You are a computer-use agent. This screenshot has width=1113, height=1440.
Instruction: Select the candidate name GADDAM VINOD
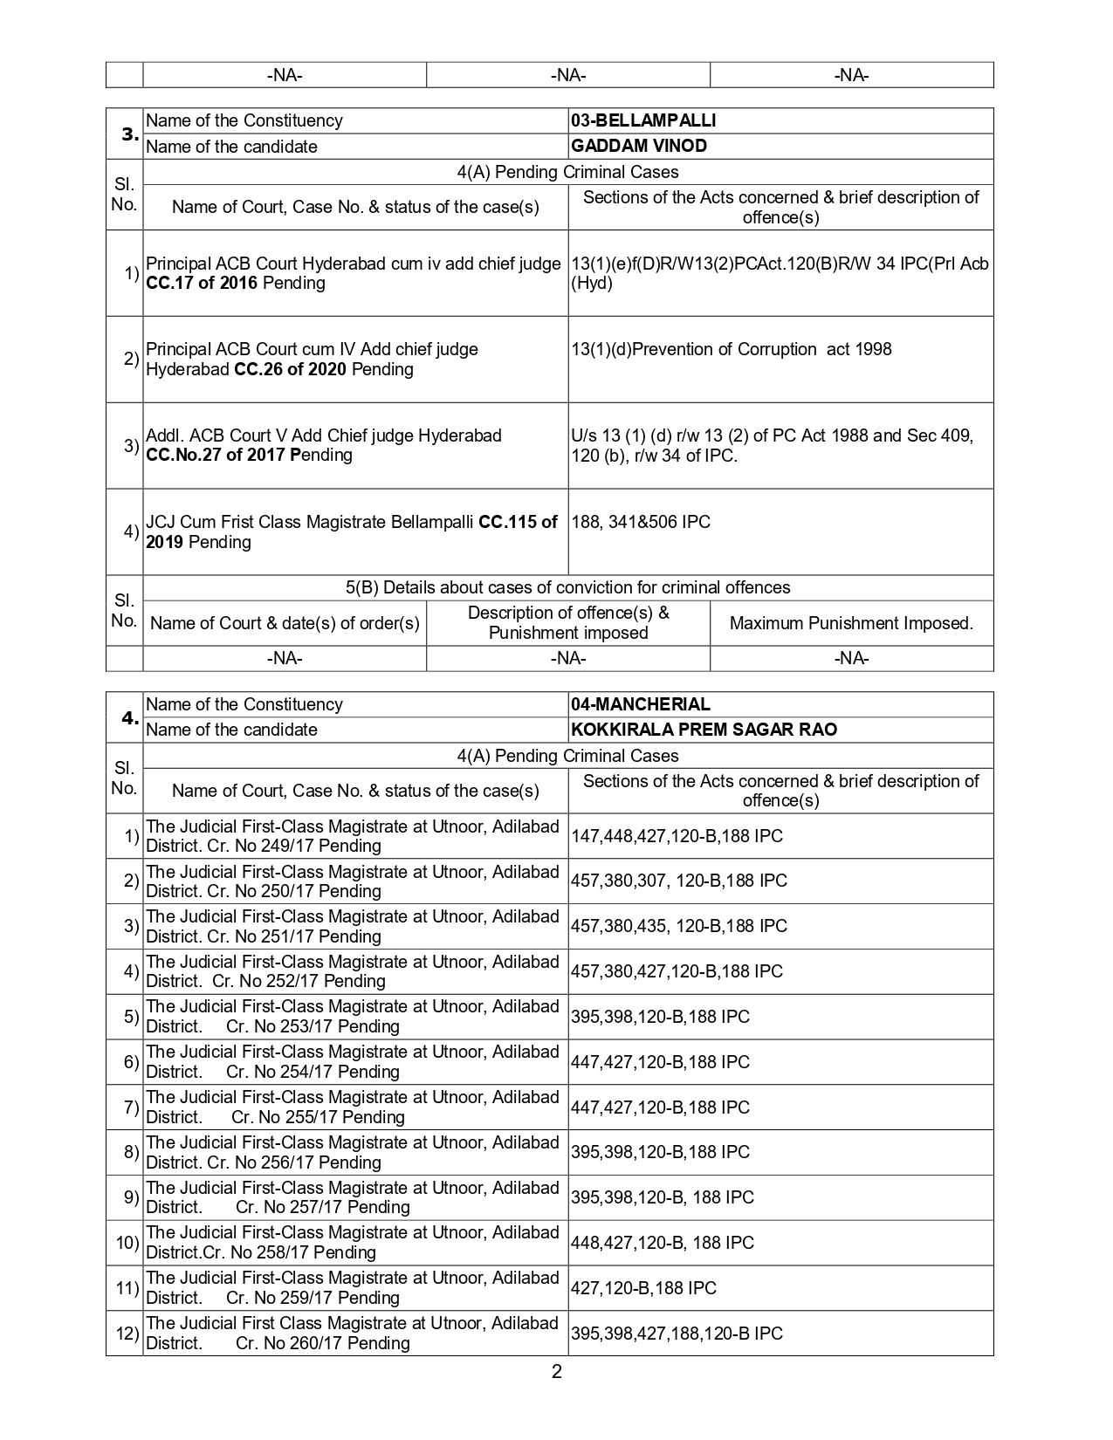[x=638, y=146]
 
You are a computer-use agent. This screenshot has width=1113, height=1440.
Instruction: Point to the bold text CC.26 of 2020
[x=291, y=369]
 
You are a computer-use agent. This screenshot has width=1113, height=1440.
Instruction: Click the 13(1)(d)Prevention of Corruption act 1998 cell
[x=731, y=349]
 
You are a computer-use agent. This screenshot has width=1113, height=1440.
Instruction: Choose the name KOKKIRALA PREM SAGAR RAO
[x=704, y=730]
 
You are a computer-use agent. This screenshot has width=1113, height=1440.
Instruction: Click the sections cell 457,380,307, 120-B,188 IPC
[x=678, y=881]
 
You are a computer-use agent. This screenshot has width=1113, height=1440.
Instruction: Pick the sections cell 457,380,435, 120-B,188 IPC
[x=678, y=926]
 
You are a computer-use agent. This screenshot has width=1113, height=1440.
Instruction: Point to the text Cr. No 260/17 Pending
[x=322, y=1343]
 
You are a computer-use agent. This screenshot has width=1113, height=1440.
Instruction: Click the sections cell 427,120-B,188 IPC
[x=643, y=1288]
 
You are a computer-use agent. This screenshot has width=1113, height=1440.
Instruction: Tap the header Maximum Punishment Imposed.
[x=850, y=623]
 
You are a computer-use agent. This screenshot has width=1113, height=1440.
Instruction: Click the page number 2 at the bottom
[x=556, y=1372]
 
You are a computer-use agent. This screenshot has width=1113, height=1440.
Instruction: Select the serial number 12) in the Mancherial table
[x=127, y=1334]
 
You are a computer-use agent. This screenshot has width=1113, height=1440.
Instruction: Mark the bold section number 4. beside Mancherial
[x=129, y=717]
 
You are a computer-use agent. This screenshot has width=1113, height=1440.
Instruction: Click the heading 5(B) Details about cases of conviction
[x=567, y=587]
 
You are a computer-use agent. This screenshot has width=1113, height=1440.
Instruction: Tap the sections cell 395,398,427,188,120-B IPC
[x=677, y=1334]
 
